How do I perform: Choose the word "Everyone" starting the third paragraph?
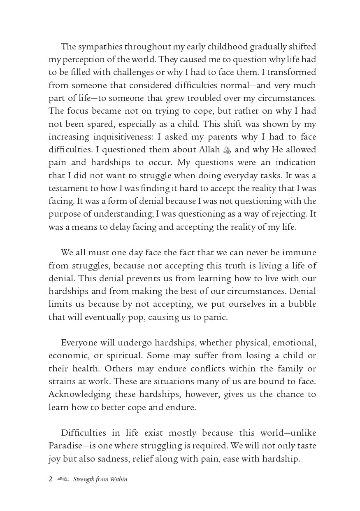[79, 343]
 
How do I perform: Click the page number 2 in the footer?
[51, 479]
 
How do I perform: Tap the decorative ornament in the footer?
[63, 479]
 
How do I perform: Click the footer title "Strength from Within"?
[100, 479]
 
